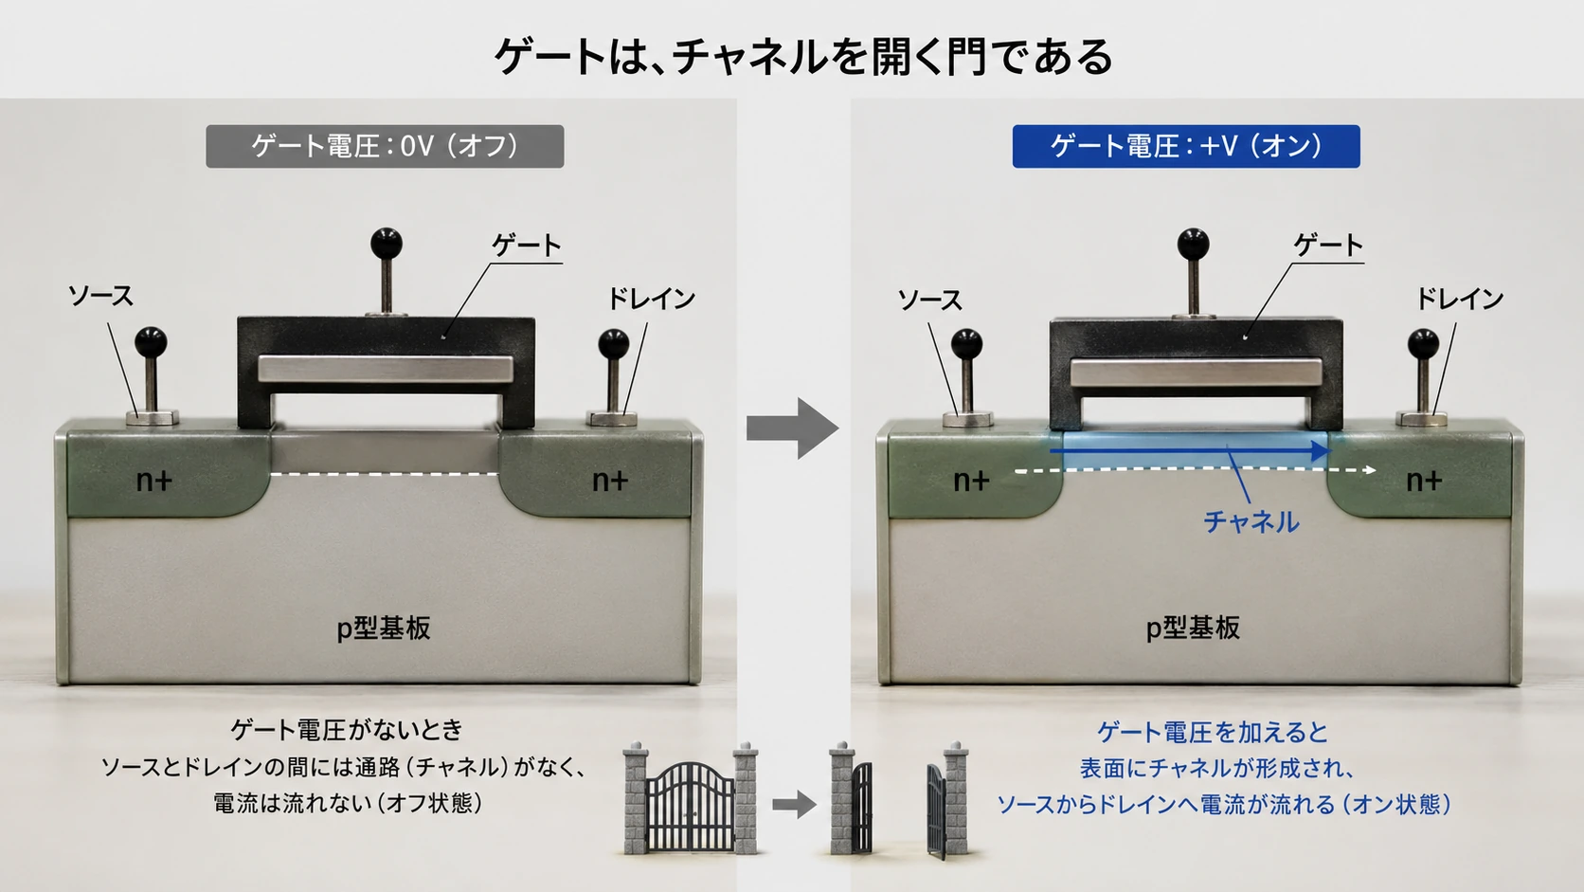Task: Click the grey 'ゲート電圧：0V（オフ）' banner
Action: (385, 146)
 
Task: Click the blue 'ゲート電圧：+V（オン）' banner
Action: (1186, 146)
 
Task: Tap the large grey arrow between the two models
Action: (793, 428)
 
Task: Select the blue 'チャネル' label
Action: (1251, 522)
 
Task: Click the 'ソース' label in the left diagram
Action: (100, 296)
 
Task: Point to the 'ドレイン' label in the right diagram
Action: (1460, 300)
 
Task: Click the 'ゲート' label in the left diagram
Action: (527, 246)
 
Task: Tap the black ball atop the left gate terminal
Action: (387, 244)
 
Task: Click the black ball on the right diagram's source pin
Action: (966, 344)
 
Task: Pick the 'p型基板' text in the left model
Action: (384, 628)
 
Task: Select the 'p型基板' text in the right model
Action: (1193, 628)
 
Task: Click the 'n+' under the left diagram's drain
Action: (609, 481)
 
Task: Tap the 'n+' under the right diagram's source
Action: (971, 481)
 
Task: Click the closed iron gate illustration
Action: (691, 799)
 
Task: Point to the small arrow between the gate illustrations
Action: (794, 804)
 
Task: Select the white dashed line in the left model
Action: (384, 474)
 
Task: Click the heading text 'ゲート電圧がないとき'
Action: (347, 730)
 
